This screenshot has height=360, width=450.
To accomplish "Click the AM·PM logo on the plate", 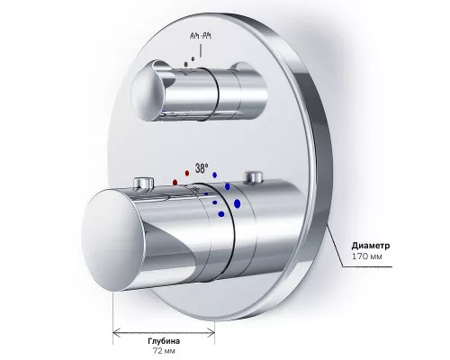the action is [x=201, y=36].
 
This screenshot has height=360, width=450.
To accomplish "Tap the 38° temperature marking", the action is [x=202, y=168].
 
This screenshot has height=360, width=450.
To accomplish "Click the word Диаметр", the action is [x=371, y=246].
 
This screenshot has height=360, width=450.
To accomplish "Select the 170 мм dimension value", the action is [x=367, y=256].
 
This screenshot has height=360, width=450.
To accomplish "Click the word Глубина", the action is [x=164, y=341].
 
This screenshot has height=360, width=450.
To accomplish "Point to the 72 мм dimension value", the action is [x=164, y=351].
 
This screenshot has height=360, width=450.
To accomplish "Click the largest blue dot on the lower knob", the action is [x=237, y=203].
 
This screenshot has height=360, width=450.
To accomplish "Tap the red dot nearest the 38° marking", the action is [x=187, y=173].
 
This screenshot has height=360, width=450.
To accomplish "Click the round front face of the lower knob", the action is [x=112, y=240].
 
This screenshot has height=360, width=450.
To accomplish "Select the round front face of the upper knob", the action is [x=148, y=93].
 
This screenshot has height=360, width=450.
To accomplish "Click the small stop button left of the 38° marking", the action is [x=144, y=183].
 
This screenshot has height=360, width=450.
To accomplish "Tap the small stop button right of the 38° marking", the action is [x=254, y=177].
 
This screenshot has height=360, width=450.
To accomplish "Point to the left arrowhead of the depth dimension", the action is [x=117, y=332].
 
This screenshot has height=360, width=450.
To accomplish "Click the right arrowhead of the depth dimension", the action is [x=211, y=332].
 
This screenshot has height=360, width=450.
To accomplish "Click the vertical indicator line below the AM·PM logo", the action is [x=201, y=50].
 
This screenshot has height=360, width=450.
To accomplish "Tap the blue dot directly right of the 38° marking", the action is [x=214, y=175].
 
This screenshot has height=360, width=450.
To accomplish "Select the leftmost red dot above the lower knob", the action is [x=175, y=182].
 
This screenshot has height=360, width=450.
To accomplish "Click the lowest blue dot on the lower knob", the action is [x=221, y=214].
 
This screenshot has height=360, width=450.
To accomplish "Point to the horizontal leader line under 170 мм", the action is [x=367, y=266].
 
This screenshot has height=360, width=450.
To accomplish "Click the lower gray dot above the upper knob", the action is [x=186, y=64].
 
